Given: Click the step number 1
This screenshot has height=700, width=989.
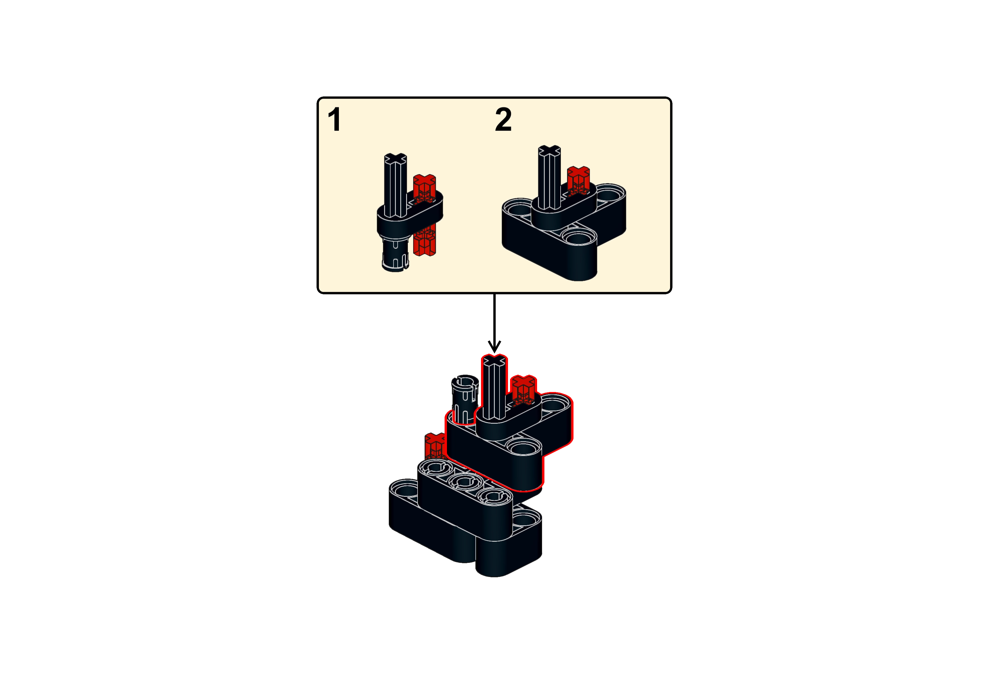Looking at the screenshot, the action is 334,120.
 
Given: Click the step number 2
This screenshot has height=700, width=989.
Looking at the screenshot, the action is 503,120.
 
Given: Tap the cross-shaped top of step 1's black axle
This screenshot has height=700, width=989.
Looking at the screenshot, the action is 395,158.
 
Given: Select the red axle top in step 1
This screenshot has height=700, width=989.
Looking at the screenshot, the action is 425,180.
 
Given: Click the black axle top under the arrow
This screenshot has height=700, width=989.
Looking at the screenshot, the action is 494,361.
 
